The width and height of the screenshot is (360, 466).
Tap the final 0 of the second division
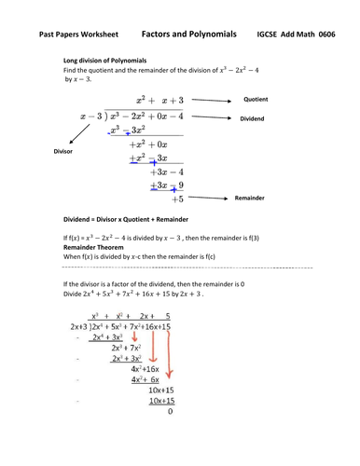(170, 433)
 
